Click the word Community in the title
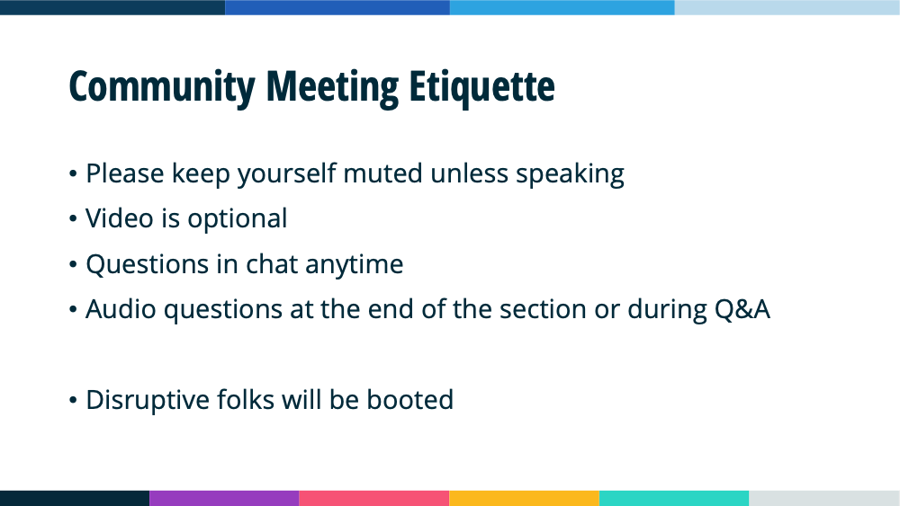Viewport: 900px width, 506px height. point(161,88)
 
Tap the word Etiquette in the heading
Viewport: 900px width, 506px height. point(481,88)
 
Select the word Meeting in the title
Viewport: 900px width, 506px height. point(332,88)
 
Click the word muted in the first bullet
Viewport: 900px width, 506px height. point(382,173)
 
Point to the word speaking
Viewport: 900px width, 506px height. point(570,174)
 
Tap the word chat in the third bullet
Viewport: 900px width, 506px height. point(272,264)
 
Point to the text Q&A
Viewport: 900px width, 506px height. point(742,309)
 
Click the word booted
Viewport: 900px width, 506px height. point(409,400)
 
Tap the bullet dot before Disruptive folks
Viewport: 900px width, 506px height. point(73,400)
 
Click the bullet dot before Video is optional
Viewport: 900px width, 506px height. point(73,218)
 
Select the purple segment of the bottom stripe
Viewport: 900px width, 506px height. point(224,498)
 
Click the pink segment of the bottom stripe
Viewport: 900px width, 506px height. point(374,498)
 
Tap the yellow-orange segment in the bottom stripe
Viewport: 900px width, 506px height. point(524,498)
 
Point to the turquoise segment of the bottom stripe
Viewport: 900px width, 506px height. point(674,498)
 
